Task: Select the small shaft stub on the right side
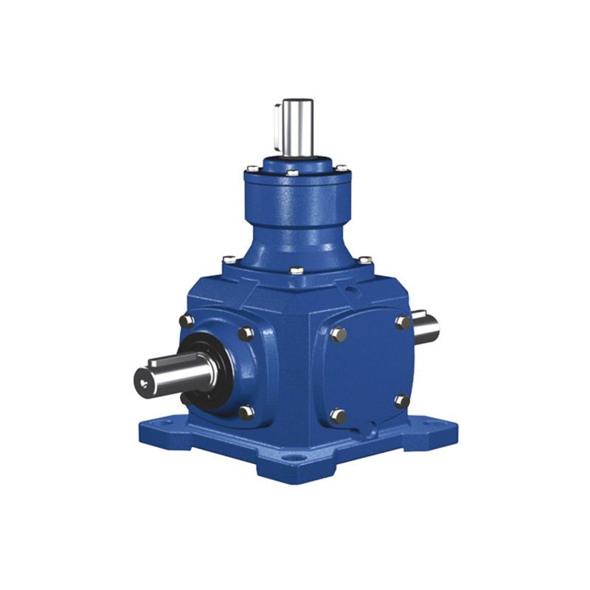click(426, 327)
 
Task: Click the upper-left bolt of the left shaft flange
click(186, 322)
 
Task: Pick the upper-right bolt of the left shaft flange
click(246, 333)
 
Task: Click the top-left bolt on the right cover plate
click(338, 334)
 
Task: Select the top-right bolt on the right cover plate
click(403, 322)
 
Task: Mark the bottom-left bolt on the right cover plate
click(338, 416)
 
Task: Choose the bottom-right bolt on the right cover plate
click(402, 401)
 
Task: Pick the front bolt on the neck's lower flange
click(296, 271)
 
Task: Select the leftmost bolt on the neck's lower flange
click(229, 260)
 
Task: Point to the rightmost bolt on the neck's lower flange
click(364, 260)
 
